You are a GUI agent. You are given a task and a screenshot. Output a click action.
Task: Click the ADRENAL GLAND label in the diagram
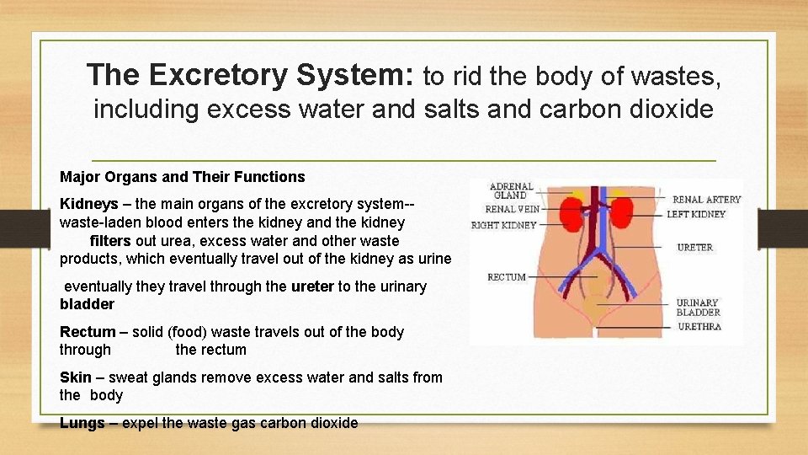pyautogui.click(x=511, y=191)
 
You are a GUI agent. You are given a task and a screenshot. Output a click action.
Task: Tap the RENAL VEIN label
pyautogui.click(x=513, y=209)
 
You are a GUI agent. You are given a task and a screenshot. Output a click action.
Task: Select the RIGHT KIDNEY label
pyautogui.click(x=503, y=226)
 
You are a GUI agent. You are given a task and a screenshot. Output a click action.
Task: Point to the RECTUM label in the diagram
pyautogui.click(x=507, y=277)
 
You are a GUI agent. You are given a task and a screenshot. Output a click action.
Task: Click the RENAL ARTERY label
pyautogui.click(x=706, y=200)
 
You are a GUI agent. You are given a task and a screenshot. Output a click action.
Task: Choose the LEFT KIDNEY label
pyautogui.click(x=696, y=214)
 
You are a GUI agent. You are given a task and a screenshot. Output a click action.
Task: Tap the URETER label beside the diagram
pyautogui.click(x=695, y=248)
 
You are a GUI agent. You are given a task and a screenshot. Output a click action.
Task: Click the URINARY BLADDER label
pyautogui.click(x=699, y=308)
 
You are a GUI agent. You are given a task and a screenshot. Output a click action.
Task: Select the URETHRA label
pyautogui.click(x=699, y=326)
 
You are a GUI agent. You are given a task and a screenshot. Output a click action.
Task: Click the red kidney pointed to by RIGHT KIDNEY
pyautogui.click(x=572, y=216)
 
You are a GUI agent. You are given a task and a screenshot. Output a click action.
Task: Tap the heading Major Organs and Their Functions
pyautogui.click(x=182, y=177)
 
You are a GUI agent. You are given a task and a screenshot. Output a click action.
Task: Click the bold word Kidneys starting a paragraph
pyautogui.click(x=88, y=205)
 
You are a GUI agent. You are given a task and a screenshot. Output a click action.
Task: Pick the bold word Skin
pyautogui.click(x=75, y=377)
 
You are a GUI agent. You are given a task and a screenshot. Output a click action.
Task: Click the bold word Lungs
pyautogui.click(x=82, y=423)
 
